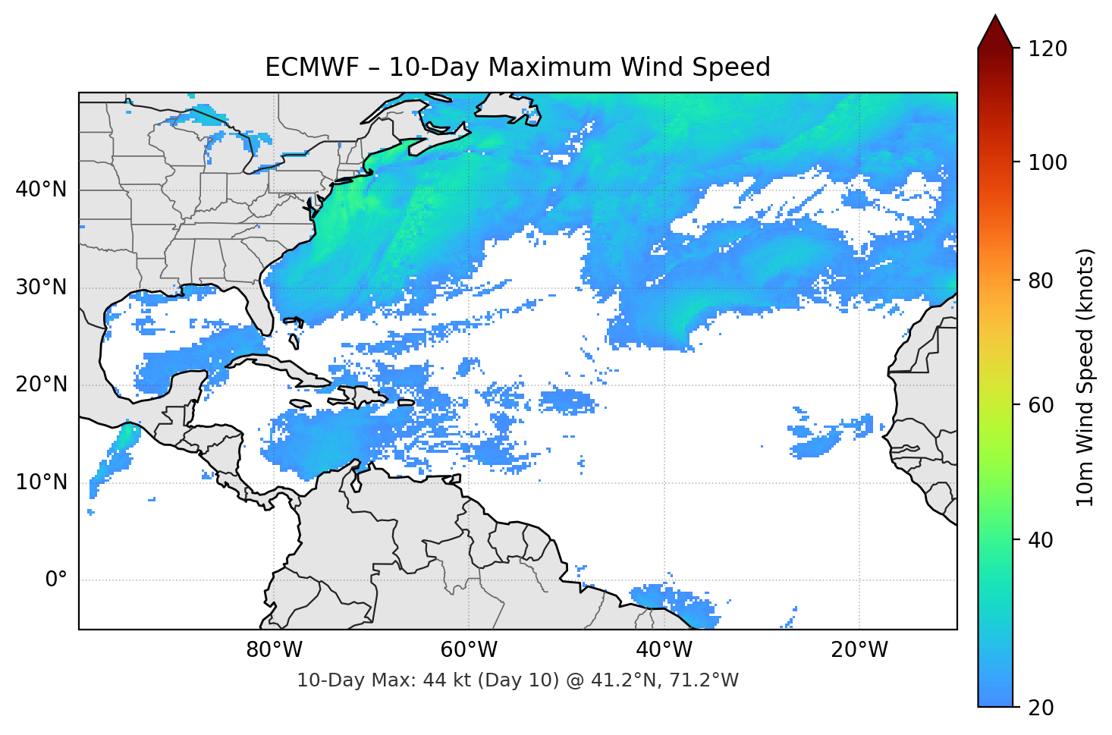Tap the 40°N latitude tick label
coord(41,190)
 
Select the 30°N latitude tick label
coord(41,287)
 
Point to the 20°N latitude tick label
coord(41,385)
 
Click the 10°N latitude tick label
coord(41,482)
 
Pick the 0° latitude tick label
coord(56,580)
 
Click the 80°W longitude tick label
coord(274,650)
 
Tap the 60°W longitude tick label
coord(469,650)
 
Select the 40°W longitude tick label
coord(664,650)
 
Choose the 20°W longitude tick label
coord(859,650)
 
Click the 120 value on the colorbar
coord(1048,49)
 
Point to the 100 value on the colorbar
coord(1048,162)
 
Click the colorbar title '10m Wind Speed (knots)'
coord(1085,377)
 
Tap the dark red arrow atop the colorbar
coord(995,32)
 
